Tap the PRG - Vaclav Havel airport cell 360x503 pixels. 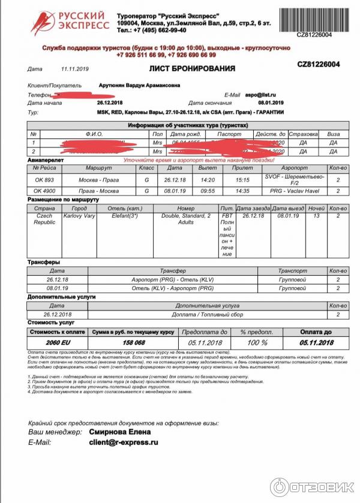[294, 191]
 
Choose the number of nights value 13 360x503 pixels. [317, 216]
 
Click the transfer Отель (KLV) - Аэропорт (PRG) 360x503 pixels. [173, 288]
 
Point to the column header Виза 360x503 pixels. [333, 134]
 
